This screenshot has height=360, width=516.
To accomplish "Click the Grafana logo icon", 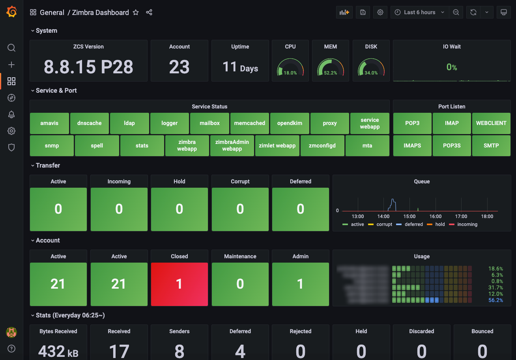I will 11,12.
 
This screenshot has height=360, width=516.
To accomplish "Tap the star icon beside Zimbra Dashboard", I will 136,13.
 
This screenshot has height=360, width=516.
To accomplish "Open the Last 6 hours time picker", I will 420,12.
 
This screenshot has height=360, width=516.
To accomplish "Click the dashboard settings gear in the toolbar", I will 380,12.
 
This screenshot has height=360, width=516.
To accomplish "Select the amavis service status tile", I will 49,123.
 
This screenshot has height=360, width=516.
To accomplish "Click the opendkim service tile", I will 290,123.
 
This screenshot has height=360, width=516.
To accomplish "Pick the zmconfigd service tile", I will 322,145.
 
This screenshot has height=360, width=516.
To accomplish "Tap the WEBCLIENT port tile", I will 491,123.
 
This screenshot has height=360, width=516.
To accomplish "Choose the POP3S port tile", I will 452,145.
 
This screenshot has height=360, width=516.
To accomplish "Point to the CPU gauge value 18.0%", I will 290,73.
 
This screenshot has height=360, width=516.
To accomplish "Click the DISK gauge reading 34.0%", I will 371,73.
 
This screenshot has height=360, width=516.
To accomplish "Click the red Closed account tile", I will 179,284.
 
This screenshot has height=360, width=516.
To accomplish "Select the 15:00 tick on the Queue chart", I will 409,216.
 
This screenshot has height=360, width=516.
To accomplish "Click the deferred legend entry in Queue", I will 413,224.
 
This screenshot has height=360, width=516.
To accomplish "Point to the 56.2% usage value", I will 495,300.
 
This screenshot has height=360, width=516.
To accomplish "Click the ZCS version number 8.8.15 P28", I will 88,67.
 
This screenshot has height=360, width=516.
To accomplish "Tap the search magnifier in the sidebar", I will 11,48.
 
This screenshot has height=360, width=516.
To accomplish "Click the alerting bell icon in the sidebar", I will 11,114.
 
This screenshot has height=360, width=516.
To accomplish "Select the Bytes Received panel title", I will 58,331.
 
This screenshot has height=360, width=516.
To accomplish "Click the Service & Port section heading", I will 56,90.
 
